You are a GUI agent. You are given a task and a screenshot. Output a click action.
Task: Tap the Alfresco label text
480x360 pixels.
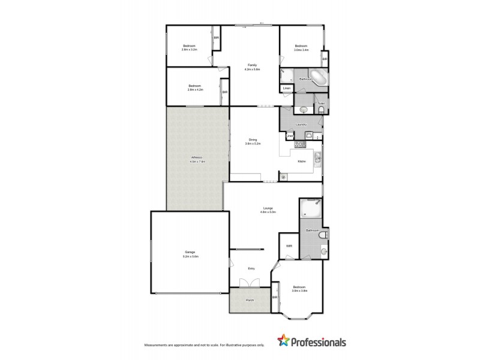(x=197, y=160)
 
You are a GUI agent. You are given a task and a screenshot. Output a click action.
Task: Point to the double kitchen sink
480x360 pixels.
(x=317, y=158)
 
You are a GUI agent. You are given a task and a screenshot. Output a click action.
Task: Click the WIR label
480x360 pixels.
(x=289, y=246)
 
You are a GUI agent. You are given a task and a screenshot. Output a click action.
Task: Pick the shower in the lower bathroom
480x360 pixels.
(x=311, y=210)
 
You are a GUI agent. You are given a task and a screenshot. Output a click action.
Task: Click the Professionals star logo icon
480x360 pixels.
(x=282, y=342)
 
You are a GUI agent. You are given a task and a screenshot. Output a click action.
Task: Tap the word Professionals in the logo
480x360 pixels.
(x=319, y=343)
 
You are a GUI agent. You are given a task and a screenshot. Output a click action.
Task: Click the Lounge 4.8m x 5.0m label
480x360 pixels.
(x=267, y=209)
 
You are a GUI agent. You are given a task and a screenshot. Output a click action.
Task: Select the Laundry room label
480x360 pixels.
(x=301, y=125)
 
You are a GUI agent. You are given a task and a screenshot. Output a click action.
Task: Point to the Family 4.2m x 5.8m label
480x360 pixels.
(x=252, y=67)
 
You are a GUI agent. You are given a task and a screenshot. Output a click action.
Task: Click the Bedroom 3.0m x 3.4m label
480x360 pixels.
(x=301, y=48)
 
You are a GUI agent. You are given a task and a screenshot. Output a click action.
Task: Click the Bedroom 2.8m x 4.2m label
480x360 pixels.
(x=194, y=88)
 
